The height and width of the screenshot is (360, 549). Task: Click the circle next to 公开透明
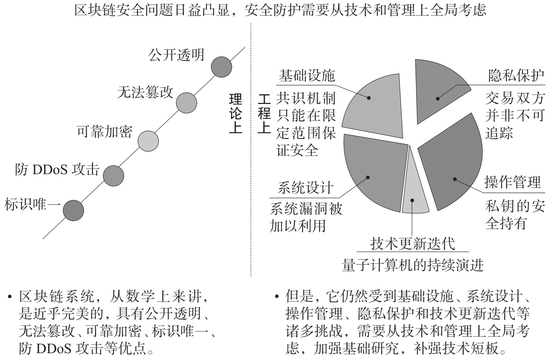[x=221, y=67]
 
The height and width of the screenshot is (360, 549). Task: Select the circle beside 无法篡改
[x=186, y=103]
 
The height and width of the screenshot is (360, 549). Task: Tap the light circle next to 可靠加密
[x=148, y=141]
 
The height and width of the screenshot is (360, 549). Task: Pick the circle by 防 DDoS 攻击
[x=113, y=176]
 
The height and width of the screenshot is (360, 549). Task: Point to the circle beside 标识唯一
[x=73, y=211]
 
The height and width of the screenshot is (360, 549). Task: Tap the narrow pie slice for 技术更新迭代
[x=414, y=193]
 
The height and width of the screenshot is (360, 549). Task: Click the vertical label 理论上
[x=236, y=113]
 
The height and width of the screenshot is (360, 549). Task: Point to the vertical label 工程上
[x=264, y=113]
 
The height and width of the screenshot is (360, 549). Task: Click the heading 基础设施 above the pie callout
[x=307, y=76]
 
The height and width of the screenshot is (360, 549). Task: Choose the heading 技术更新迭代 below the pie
[x=413, y=243]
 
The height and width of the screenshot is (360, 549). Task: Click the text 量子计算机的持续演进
[x=413, y=265]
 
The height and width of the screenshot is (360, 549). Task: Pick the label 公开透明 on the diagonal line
[x=176, y=55]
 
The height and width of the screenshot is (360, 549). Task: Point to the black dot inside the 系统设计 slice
[x=368, y=177]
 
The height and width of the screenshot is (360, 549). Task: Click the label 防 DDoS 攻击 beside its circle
[x=57, y=169]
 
